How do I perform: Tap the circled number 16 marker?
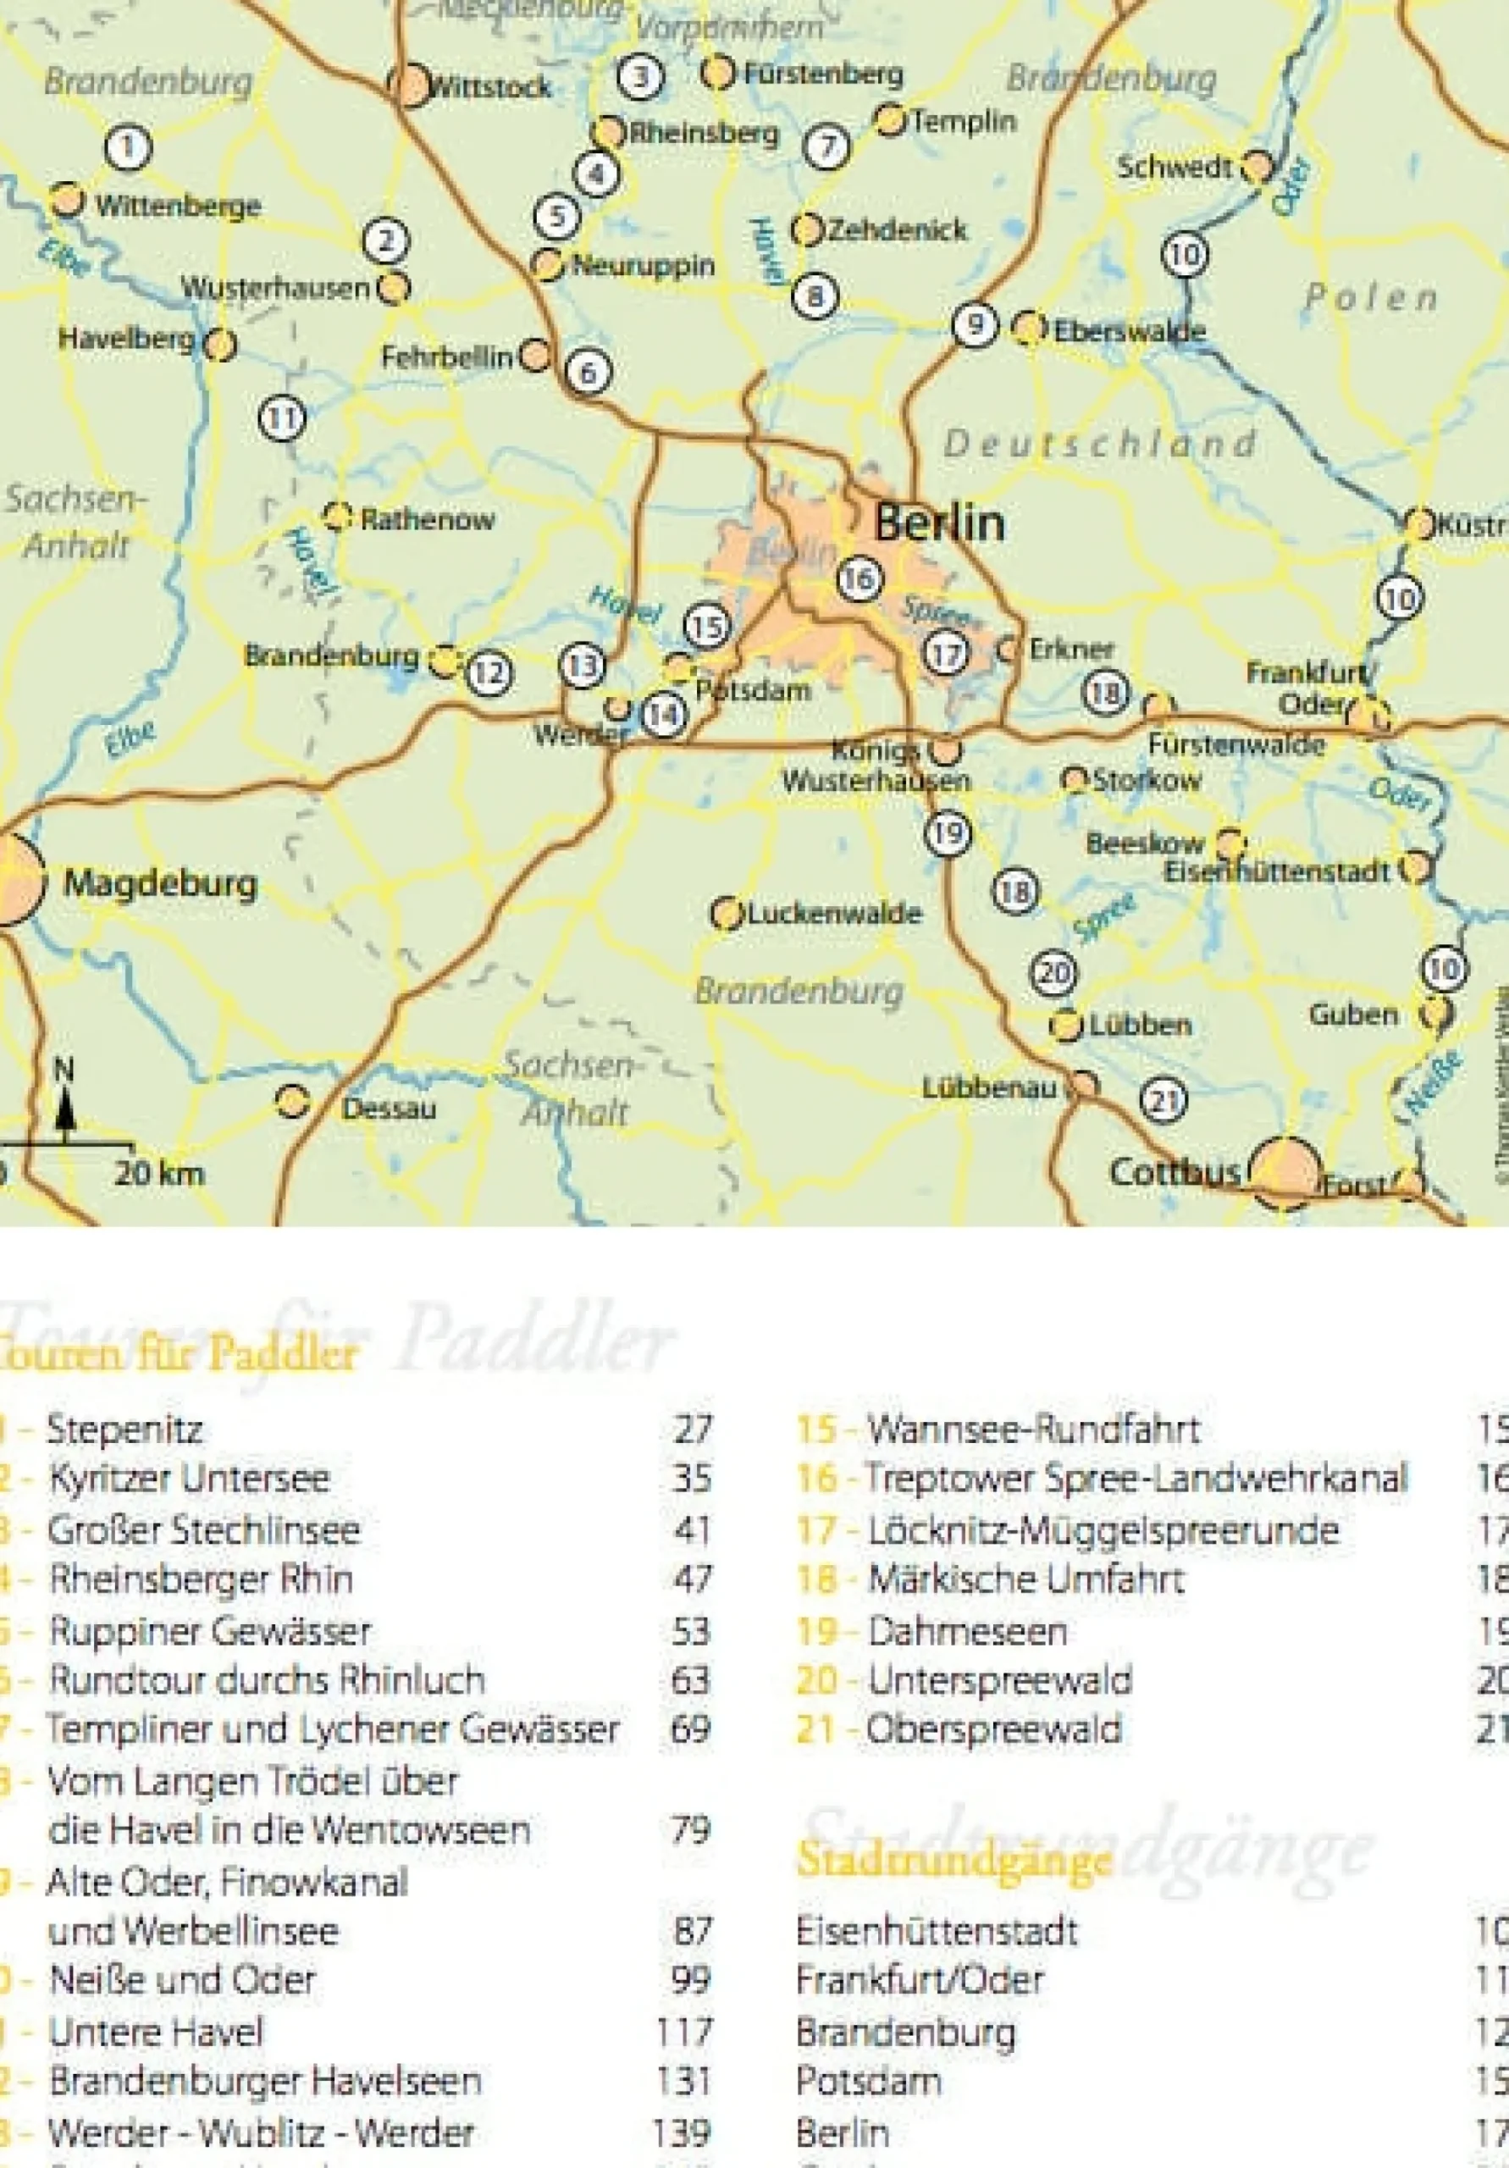coord(860,578)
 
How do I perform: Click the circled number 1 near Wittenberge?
coord(129,147)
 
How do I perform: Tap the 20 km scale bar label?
coord(158,1174)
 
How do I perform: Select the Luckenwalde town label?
coord(834,914)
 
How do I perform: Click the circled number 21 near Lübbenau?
coord(1164,1099)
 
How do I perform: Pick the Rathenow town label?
coord(427,518)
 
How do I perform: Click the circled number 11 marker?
coord(281,418)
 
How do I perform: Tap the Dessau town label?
coord(388,1108)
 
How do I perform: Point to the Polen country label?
coord(1371,298)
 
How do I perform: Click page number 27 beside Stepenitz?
coord(691,1429)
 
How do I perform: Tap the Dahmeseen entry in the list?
coord(967,1631)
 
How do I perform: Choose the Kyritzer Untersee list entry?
coord(189,1479)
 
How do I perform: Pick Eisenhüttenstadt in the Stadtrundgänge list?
coord(936,1931)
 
